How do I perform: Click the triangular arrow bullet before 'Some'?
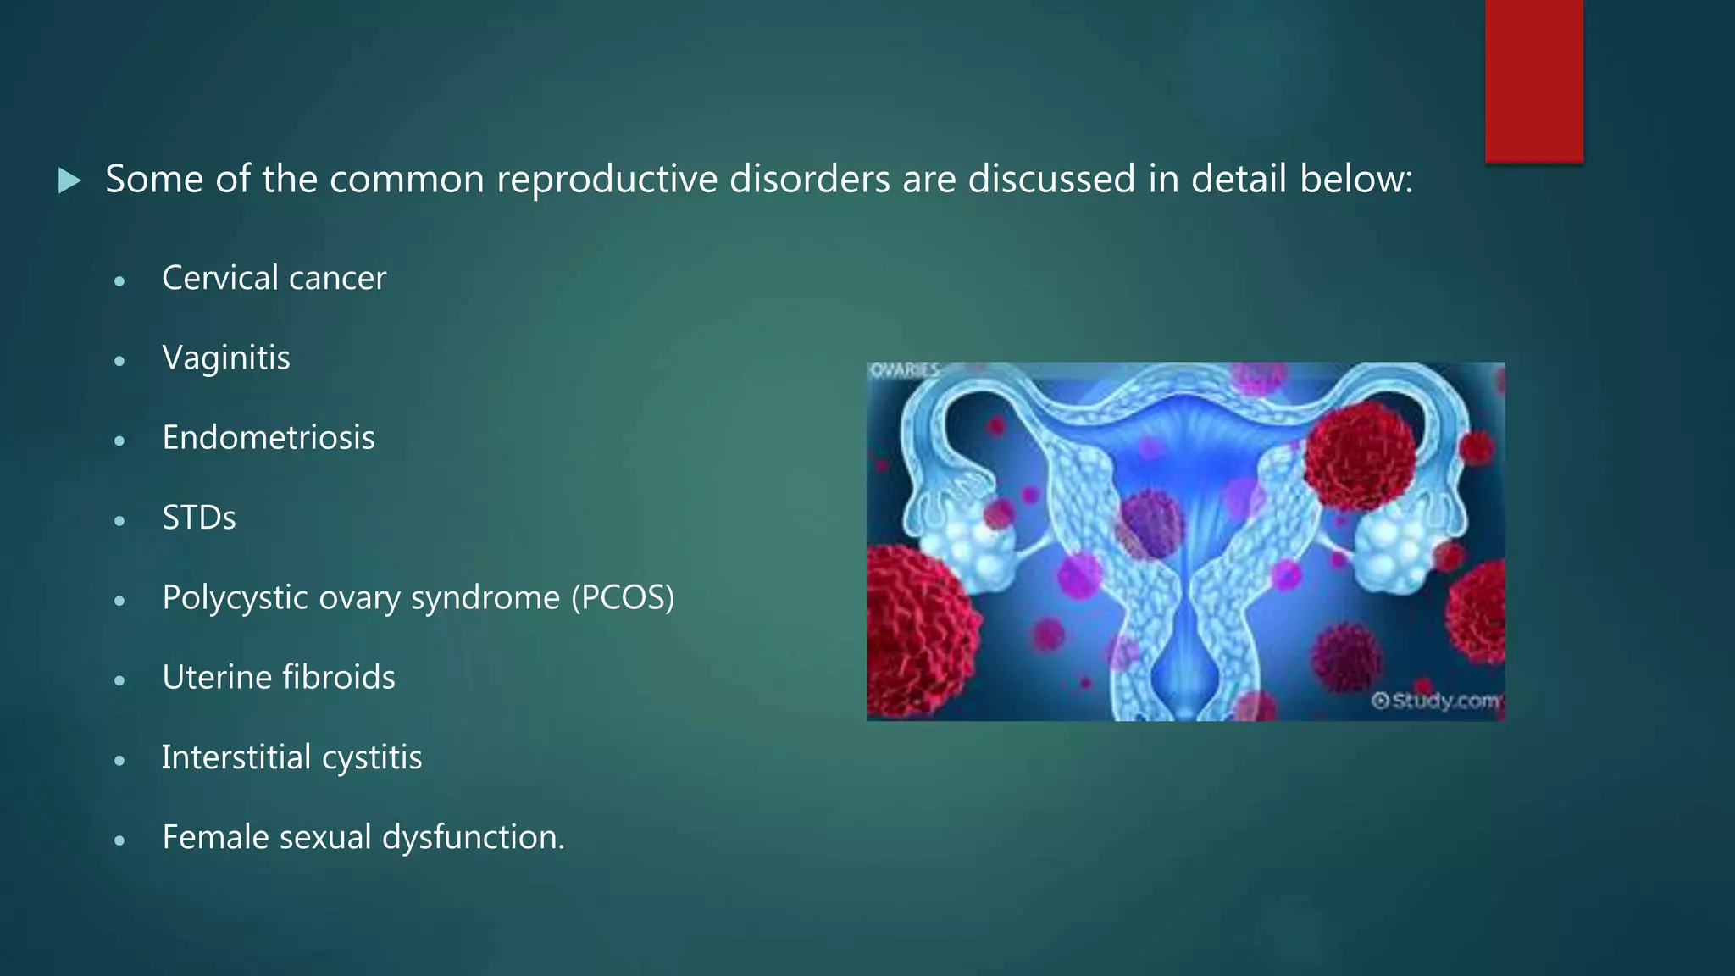tap(69, 180)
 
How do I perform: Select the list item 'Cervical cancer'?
tap(274, 278)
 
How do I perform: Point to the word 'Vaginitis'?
tap(225, 358)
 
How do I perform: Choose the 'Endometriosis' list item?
tap(268, 438)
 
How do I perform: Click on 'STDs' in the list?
tap(198, 518)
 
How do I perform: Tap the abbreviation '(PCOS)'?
tap(623, 597)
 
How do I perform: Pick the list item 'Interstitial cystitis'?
tap(291, 757)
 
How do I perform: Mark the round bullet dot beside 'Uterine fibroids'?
tap(119, 679)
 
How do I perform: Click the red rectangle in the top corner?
tap(1533, 80)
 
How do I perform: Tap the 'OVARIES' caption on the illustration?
tap(905, 370)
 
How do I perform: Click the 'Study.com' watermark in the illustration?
tap(1437, 701)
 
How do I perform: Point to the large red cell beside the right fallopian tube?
tap(1360, 456)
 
